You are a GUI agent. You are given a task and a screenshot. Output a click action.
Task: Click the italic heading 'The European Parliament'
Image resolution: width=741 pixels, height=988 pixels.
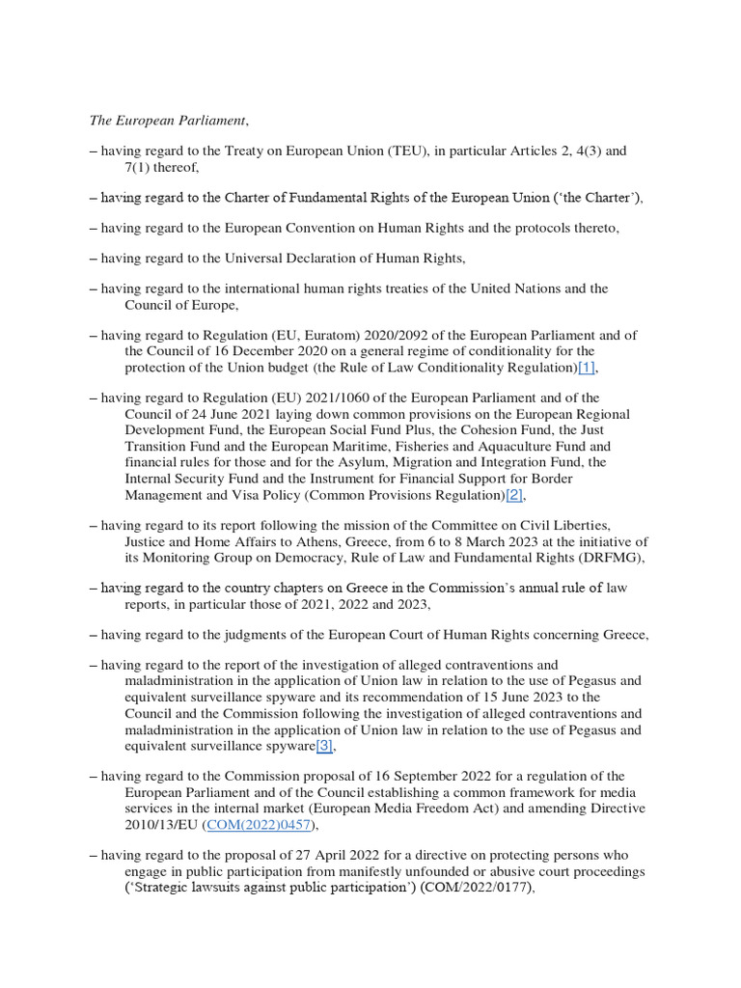point(168,121)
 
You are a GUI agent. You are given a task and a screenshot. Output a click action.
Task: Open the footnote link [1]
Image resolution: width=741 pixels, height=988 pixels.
point(587,369)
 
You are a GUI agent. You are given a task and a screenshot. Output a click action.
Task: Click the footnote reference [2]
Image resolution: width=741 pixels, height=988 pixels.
point(514,495)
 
